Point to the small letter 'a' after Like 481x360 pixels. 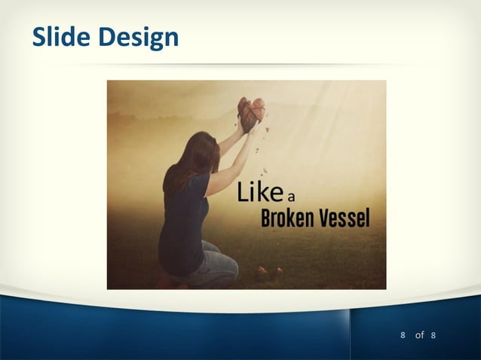tap(290, 198)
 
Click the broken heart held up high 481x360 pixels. tap(251, 111)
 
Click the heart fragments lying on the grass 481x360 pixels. tap(268, 272)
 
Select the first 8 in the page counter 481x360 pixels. tap(403, 334)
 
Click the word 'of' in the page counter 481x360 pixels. tap(419, 334)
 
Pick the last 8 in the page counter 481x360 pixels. tap(434, 334)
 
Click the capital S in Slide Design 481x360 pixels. tap(38, 35)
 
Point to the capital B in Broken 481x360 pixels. tap(266, 218)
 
